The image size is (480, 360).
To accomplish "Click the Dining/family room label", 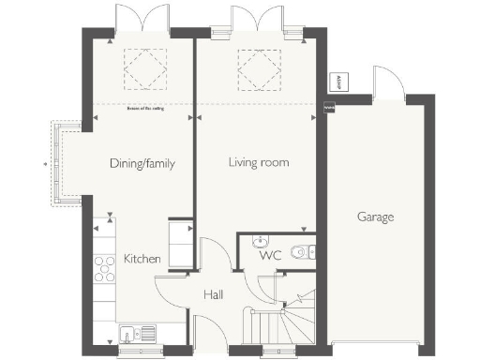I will tap(142, 163).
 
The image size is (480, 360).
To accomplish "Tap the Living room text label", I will tap(258, 162).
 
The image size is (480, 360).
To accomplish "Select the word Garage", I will tap(375, 217).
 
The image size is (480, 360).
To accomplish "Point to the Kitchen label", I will tap(142, 259).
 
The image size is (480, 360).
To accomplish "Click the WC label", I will tap(270, 255).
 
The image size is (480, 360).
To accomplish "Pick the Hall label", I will tap(213, 295).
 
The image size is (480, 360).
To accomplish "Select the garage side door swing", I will tap(387, 81).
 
